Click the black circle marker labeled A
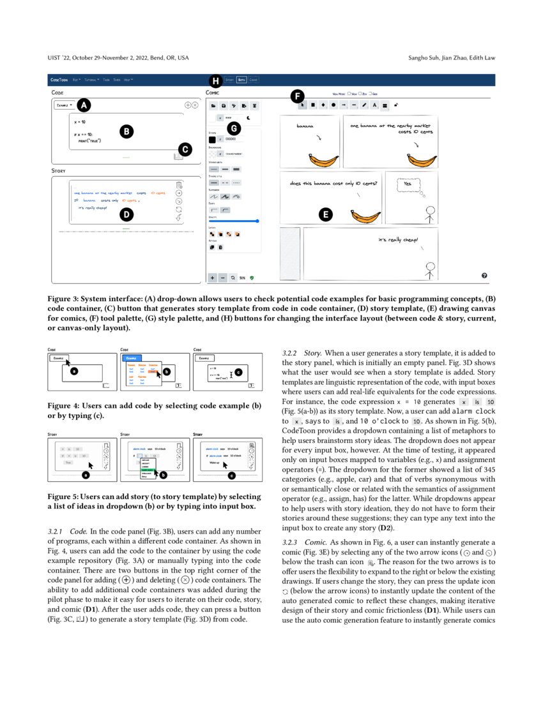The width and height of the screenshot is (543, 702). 84,105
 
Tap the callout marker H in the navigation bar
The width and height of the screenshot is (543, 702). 215,81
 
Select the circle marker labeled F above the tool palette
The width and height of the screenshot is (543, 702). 297,97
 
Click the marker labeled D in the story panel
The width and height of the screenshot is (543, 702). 127,214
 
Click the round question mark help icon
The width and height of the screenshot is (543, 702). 484,275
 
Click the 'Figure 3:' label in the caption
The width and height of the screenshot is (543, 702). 63,299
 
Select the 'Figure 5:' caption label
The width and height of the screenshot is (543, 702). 63,497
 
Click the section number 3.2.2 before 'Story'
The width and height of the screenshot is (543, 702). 291,354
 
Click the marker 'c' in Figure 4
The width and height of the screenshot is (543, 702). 238,371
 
